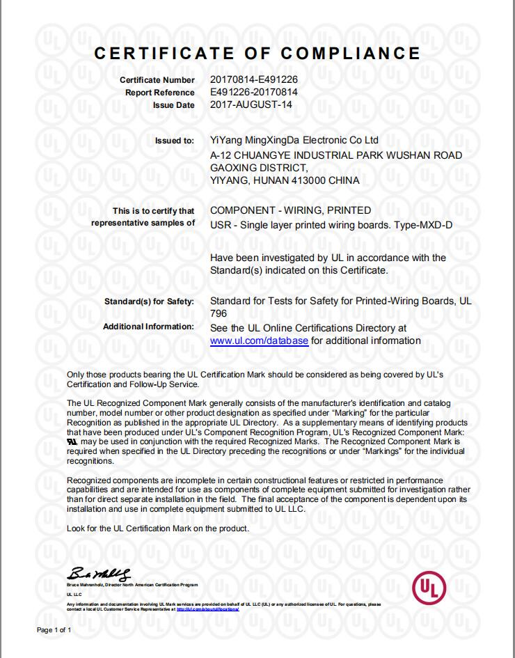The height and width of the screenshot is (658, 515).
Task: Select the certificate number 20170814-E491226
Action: (x=254, y=80)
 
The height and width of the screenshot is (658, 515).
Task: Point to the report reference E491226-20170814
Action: (x=254, y=92)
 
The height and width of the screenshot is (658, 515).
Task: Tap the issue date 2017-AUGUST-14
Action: (x=251, y=104)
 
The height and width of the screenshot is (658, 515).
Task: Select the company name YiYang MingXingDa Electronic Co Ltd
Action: (x=294, y=140)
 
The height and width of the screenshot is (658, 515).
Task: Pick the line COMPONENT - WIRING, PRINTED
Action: (x=290, y=210)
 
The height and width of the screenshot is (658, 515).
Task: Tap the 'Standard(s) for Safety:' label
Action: (x=149, y=302)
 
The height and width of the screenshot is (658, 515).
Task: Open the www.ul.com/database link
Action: (x=259, y=340)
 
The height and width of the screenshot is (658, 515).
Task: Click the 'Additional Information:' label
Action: (x=148, y=327)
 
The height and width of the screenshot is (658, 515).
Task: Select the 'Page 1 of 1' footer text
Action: (x=54, y=629)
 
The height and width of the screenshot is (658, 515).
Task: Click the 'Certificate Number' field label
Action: (x=157, y=80)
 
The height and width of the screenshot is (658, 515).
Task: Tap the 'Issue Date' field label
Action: (x=173, y=104)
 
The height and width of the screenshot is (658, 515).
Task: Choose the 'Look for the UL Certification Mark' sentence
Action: (x=157, y=528)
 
